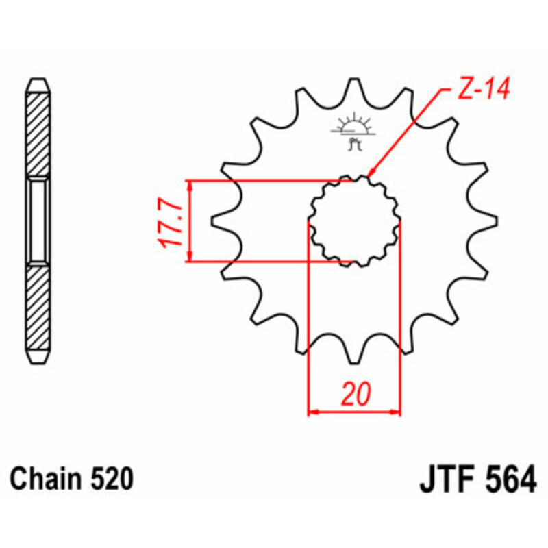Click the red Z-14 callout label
[x=482, y=91]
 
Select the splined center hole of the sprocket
[x=354, y=221]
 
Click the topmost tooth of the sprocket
[x=354, y=86]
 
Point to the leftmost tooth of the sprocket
[x=221, y=221]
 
